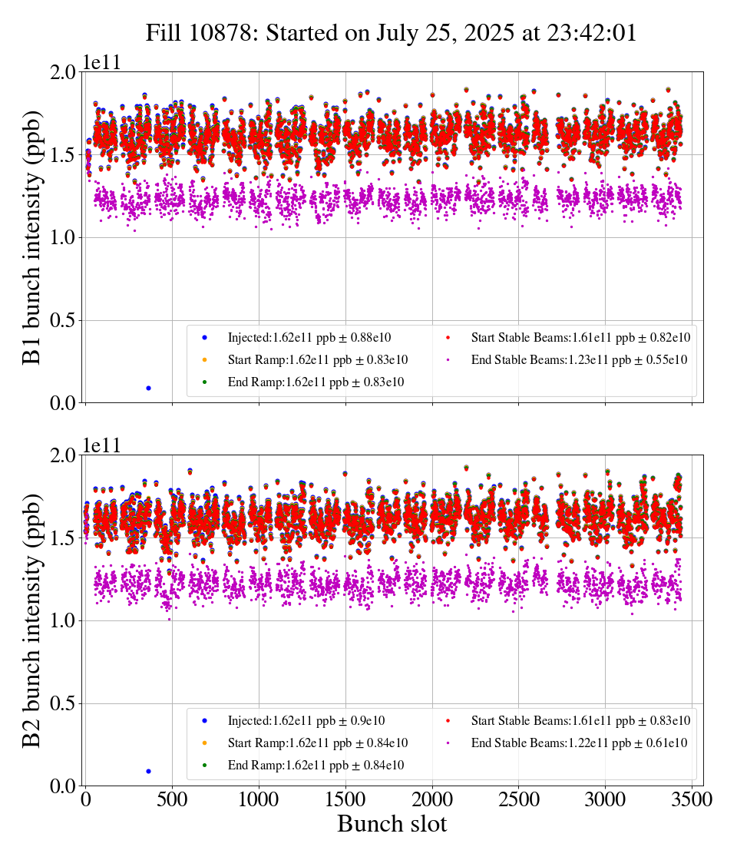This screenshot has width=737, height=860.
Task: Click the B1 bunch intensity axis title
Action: [32, 237]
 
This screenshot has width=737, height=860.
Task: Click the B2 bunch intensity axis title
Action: [32, 620]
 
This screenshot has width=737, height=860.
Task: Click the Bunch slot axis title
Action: [392, 825]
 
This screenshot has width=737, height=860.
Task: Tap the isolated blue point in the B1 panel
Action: [148, 388]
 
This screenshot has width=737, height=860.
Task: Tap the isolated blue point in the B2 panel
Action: [148, 771]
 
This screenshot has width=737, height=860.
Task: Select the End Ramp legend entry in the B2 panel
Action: [316, 766]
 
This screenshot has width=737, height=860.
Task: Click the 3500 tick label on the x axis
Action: [692, 799]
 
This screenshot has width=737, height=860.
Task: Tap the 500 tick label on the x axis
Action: [173, 799]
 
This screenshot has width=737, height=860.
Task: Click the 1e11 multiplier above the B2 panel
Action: [101, 446]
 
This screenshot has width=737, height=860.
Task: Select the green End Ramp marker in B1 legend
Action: [205, 382]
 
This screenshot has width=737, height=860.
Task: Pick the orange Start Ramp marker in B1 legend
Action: [205, 359]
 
